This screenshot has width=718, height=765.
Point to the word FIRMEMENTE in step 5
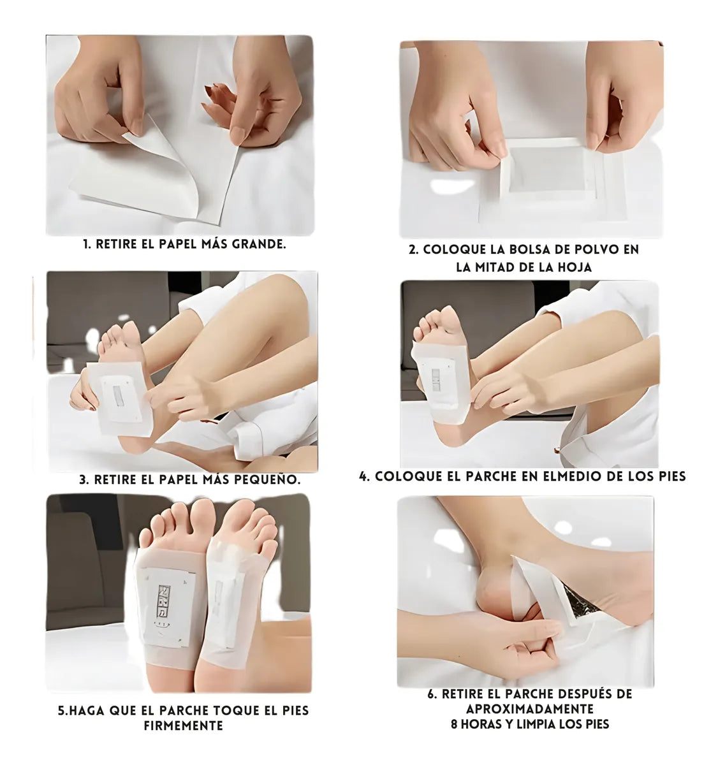click(184, 725)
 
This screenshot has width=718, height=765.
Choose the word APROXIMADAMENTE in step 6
click(529, 709)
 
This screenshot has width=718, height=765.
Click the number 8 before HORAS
click(454, 724)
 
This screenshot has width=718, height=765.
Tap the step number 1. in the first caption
click(87, 244)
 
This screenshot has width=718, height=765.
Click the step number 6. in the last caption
click(432, 694)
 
